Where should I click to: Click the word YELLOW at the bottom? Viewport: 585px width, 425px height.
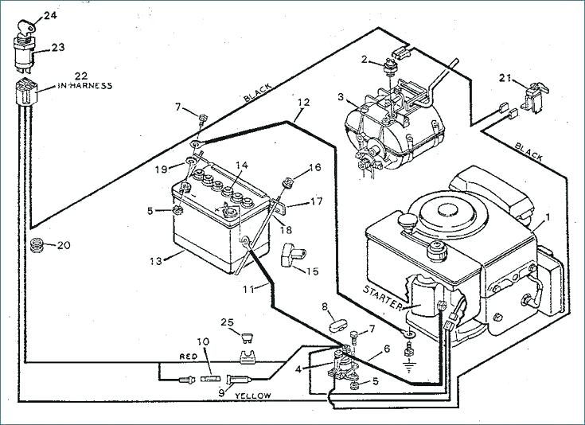coord(254,396)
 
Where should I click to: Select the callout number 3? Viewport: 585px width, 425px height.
coord(341,97)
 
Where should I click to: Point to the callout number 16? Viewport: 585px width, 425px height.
coord(314,168)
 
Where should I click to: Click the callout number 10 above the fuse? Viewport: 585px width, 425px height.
coord(203,341)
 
